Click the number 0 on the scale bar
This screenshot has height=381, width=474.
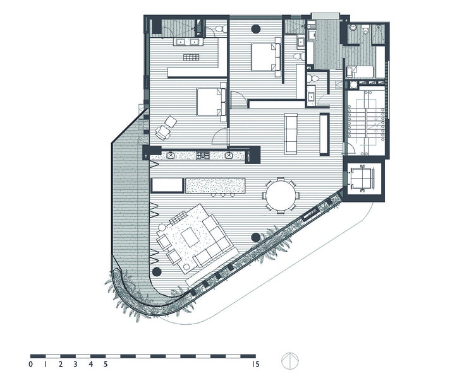point(30,364)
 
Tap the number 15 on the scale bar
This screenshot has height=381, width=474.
point(255,364)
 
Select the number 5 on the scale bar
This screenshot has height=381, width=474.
point(105,364)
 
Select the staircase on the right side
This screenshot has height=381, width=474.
point(365,120)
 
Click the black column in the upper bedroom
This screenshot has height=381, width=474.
point(255,29)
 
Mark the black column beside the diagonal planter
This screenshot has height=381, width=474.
point(255,237)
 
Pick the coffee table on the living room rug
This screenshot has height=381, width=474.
point(190,237)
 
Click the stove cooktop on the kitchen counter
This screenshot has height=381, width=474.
point(203,155)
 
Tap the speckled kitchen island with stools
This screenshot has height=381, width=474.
point(215,185)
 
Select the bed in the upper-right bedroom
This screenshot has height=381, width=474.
point(265,57)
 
